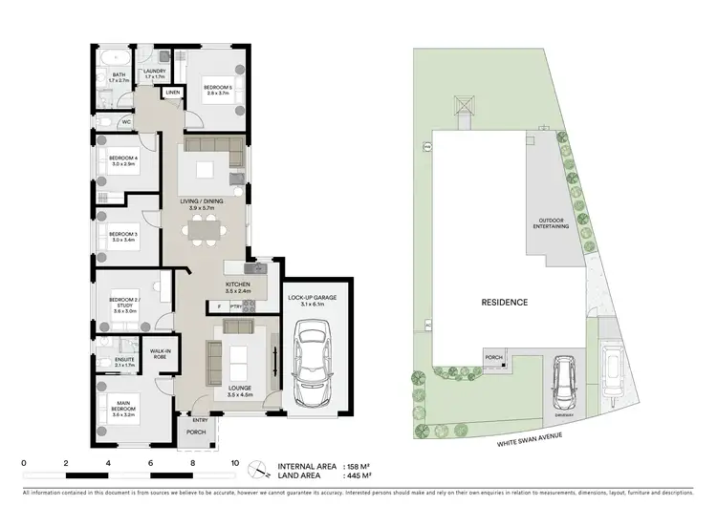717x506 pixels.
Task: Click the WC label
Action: (x=126, y=122)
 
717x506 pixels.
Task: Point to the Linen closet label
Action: (x=173, y=93)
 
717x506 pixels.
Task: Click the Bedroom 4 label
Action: (x=123, y=161)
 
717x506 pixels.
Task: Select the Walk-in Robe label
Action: (x=159, y=354)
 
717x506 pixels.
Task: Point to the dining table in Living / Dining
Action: (x=204, y=229)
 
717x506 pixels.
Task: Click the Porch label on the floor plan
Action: (x=196, y=432)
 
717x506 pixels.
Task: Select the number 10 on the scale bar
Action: (x=234, y=464)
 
